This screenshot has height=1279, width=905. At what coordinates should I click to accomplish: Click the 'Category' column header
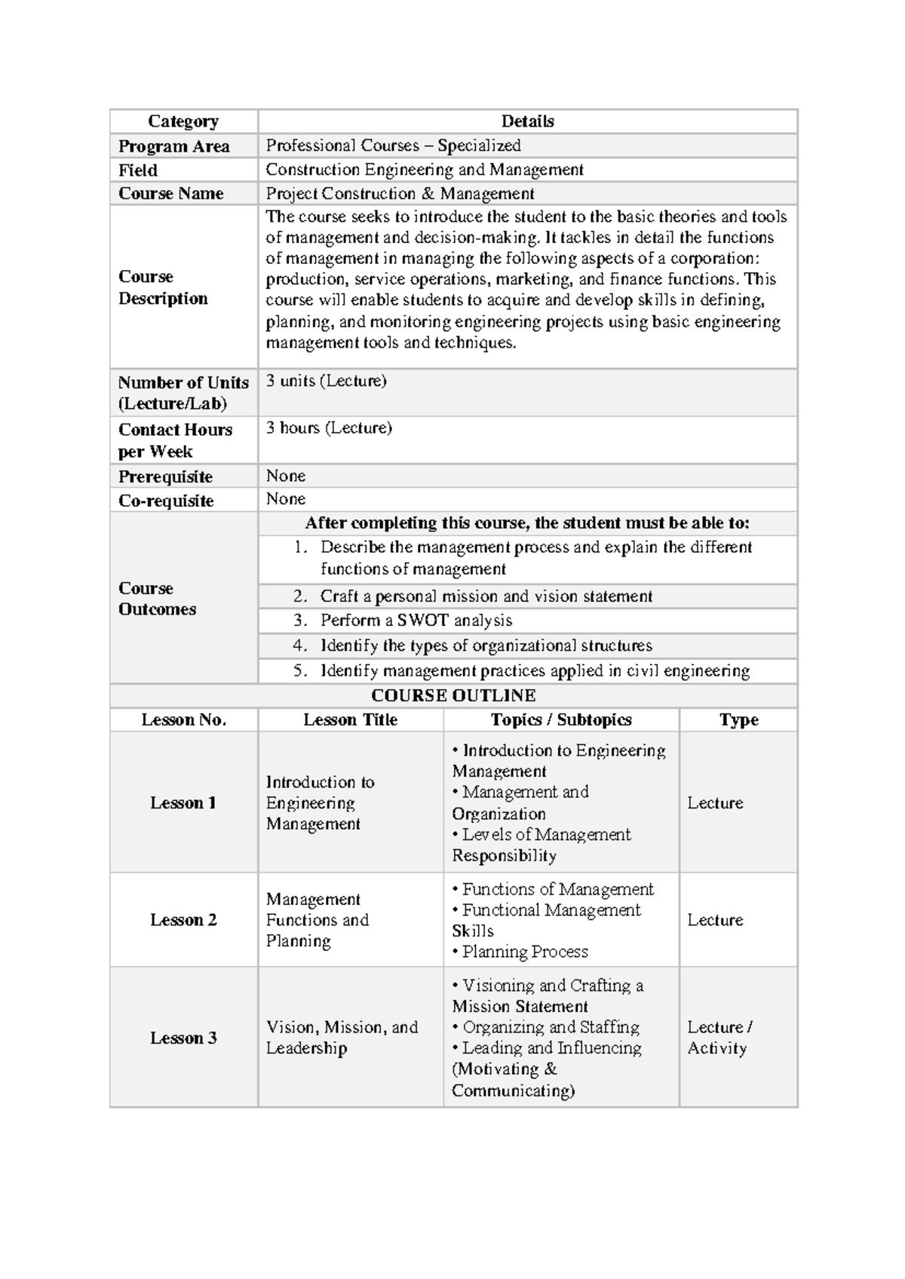183,121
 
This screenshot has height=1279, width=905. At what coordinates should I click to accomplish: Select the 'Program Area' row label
173,146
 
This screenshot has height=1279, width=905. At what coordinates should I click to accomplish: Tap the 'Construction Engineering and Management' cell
424,170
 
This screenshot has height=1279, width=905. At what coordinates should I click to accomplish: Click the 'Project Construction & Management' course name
400,194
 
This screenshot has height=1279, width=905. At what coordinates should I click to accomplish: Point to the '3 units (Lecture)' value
326,381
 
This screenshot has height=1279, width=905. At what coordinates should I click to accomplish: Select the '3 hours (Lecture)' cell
329,428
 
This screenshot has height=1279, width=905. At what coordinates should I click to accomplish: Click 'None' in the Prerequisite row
285,476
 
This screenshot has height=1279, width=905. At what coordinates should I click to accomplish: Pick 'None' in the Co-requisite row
285,499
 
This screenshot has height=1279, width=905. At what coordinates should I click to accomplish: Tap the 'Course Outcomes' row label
157,599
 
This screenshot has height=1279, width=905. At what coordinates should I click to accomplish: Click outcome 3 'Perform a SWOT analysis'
416,621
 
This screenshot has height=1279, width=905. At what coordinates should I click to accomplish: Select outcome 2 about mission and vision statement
486,597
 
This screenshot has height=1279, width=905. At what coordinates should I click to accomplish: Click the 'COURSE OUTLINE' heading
453,695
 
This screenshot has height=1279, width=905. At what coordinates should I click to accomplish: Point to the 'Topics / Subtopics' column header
561,719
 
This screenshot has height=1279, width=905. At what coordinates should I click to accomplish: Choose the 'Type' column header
738,719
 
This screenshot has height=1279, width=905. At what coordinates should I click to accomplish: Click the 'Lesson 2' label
183,920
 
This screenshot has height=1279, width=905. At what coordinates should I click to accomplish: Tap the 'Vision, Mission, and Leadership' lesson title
342,1038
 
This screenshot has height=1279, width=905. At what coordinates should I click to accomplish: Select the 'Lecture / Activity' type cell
719,1038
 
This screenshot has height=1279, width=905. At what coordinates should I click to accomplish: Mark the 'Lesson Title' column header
350,719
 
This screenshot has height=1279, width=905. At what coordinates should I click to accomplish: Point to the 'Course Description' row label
162,287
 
